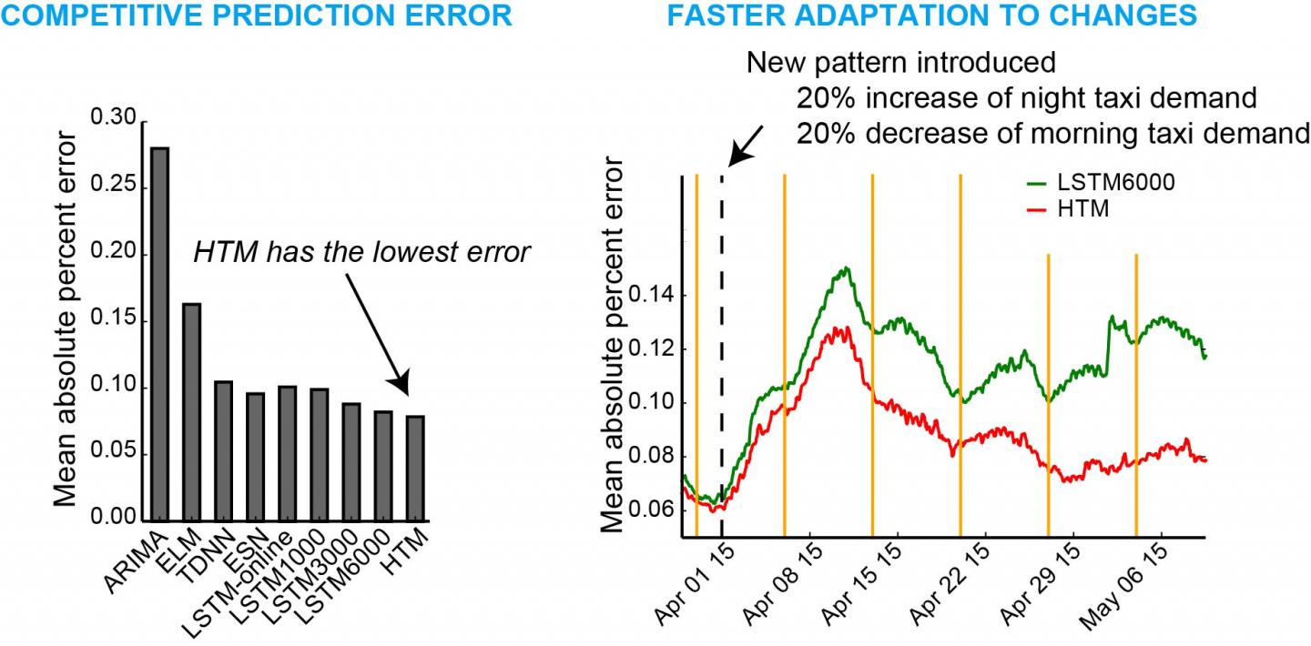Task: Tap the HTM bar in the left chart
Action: pyautogui.click(x=415, y=469)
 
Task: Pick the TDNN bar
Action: pyautogui.click(x=223, y=451)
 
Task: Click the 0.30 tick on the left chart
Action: pyautogui.click(x=113, y=119)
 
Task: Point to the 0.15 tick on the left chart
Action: pyautogui.click(x=113, y=320)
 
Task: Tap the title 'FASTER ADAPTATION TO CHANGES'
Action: pyautogui.click(x=932, y=15)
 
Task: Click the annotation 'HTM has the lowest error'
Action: pyautogui.click(x=361, y=252)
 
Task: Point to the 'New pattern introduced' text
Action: pyautogui.click(x=901, y=63)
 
